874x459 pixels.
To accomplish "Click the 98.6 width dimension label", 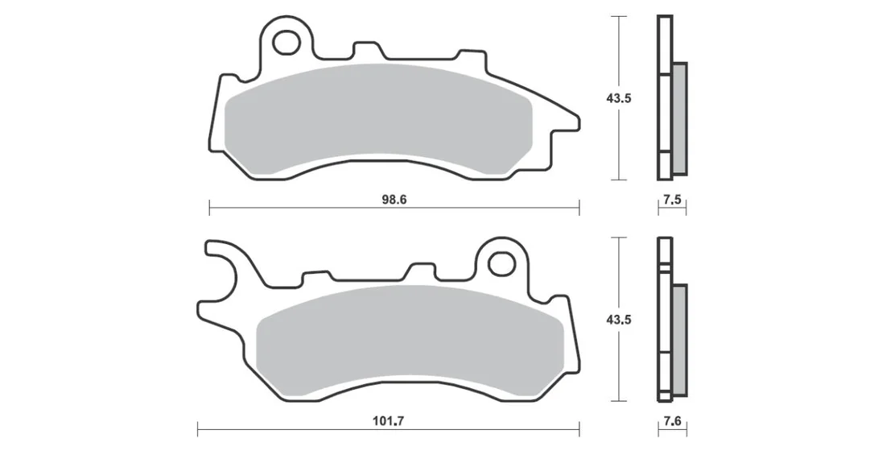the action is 394,200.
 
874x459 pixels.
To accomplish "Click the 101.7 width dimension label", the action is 388,421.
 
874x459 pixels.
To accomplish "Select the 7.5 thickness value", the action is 673,200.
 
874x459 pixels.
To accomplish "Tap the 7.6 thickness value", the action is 673,421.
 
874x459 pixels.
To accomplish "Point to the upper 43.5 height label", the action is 619,99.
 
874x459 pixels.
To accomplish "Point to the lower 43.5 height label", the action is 619,320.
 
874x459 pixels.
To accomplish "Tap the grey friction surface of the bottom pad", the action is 410,341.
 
